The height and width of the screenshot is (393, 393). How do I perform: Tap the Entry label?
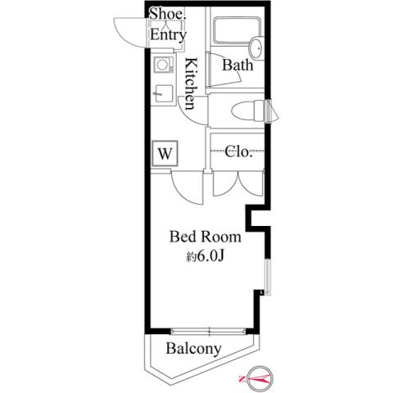168,35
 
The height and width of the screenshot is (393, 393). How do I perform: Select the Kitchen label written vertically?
190,84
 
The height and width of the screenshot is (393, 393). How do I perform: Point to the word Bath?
237,65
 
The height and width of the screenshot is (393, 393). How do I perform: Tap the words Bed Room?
205,237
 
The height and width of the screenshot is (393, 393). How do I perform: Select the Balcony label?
193,349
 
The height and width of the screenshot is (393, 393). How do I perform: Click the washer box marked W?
165,152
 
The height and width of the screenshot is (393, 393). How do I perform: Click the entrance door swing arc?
131,33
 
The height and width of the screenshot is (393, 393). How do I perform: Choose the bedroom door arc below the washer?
187,187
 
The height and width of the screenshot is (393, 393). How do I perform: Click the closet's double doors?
238,183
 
